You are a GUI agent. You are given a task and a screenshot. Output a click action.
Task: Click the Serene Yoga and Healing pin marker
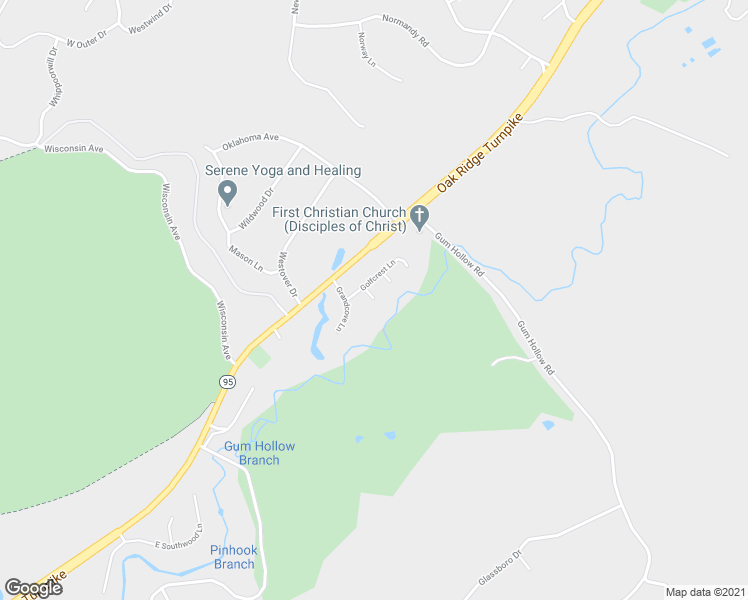[228, 191]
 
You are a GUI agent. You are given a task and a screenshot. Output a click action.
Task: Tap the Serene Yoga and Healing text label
[283, 171]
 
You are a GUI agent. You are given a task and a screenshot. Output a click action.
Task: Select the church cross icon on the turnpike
[421, 215]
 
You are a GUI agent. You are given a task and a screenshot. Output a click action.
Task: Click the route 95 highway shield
[228, 382]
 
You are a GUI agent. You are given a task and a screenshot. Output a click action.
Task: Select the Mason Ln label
[245, 260]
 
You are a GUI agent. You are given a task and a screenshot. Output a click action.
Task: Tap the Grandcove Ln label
[344, 303]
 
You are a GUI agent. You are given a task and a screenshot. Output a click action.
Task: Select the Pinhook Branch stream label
[233, 557]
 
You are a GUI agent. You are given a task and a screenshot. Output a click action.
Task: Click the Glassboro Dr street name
[501, 568]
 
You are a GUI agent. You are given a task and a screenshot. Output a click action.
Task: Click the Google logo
[33, 587]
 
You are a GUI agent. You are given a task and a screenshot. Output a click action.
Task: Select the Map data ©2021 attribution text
[704, 591]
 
